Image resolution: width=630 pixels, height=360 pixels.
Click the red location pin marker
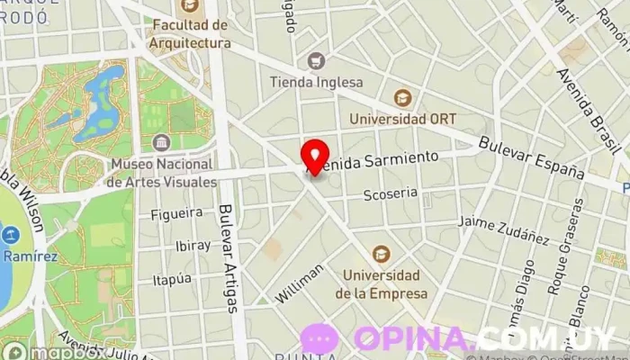tap(314, 153)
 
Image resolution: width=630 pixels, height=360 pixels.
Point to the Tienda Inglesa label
tap(316, 82)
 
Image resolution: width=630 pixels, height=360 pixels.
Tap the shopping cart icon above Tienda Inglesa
tap(316, 61)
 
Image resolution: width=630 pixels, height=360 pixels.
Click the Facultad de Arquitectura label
tap(191, 34)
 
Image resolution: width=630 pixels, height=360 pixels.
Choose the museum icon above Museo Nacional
tap(162, 143)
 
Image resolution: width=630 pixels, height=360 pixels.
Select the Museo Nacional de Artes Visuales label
tap(161, 173)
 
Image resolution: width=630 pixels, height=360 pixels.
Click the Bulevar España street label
tap(532, 156)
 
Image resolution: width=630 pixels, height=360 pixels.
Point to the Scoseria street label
tap(390, 193)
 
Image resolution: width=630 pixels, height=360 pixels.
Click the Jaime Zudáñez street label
tap(503, 229)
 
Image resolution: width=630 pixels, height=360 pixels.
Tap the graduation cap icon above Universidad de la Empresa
tap(382, 253)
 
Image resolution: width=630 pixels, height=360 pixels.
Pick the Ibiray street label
tap(193, 246)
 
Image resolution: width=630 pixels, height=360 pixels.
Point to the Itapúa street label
tap(172, 280)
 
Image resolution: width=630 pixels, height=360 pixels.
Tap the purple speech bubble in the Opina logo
tap(320, 339)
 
